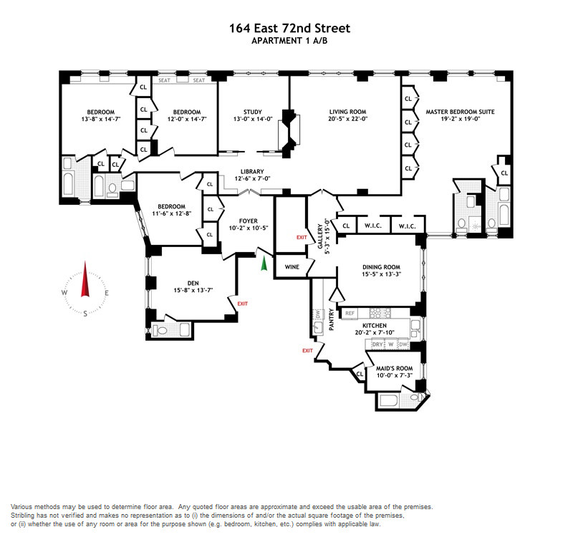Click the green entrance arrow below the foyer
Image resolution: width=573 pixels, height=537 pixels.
(264, 263)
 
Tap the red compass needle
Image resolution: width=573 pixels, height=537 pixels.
(85, 279)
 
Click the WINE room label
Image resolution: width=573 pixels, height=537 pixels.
(292, 267)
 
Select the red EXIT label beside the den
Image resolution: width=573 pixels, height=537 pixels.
(243, 304)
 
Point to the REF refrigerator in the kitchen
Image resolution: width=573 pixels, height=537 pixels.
(350, 313)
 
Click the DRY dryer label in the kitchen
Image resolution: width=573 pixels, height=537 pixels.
(377, 344)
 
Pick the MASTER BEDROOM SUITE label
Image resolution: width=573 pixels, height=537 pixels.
(460, 112)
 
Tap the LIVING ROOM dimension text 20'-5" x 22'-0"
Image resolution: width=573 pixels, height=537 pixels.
(348, 119)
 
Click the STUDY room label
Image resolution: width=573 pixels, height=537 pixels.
(253, 112)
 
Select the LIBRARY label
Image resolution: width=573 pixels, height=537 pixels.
(252, 172)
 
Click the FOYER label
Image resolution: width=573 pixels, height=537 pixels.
(249, 221)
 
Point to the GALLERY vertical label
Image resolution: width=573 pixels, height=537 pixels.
(320, 236)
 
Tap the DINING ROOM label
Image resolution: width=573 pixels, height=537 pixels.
(381, 267)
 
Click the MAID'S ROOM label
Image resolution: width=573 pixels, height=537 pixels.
(395, 368)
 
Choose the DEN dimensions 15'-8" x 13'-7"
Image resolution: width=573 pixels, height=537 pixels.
(193, 291)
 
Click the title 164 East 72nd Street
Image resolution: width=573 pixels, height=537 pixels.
(289, 28)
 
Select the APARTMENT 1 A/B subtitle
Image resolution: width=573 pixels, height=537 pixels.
(289, 41)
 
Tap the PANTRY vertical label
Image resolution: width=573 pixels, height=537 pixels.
(332, 319)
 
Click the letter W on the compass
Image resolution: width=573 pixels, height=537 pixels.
(64, 293)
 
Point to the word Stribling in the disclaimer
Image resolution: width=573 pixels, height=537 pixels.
(22, 516)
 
